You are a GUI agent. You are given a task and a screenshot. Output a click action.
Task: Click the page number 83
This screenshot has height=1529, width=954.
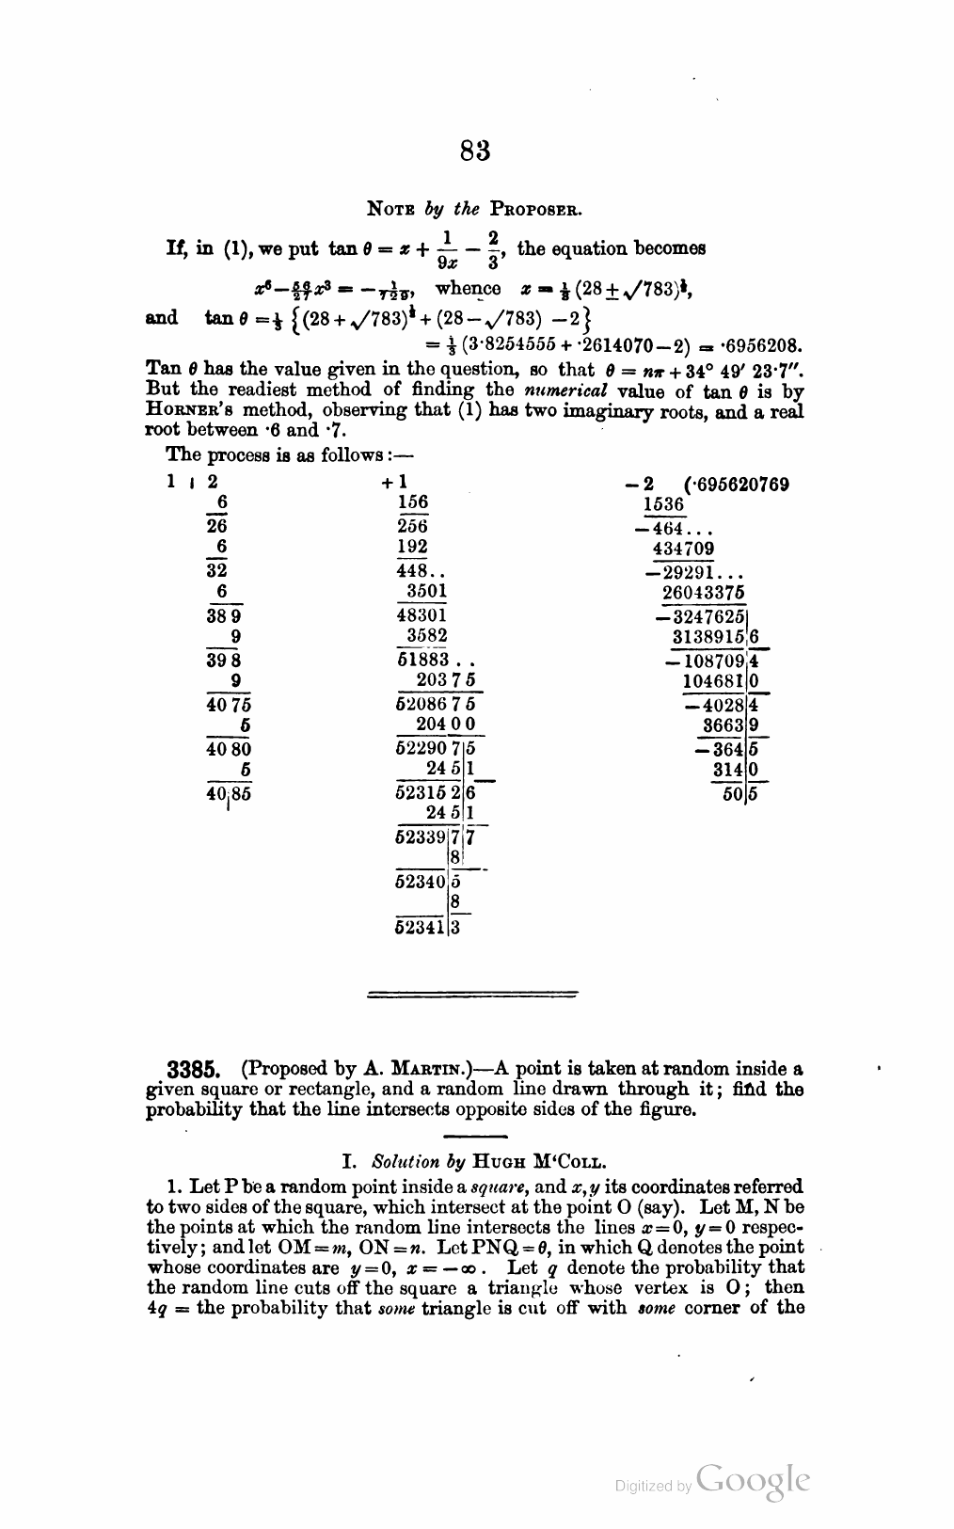click(476, 150)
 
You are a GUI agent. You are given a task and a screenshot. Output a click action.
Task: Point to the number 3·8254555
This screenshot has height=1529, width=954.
click(518, 343)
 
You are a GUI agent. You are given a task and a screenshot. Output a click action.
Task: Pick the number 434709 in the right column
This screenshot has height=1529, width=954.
click(683, 549)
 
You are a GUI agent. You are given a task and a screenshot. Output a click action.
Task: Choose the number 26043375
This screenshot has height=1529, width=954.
click(703, 592)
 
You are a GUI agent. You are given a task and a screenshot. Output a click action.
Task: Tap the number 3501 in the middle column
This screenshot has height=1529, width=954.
click(426, 592)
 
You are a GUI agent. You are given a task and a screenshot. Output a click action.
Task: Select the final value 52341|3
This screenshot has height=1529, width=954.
click(427, 930)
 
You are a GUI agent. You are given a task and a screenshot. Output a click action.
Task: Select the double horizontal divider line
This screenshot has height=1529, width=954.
click(470, 992)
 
